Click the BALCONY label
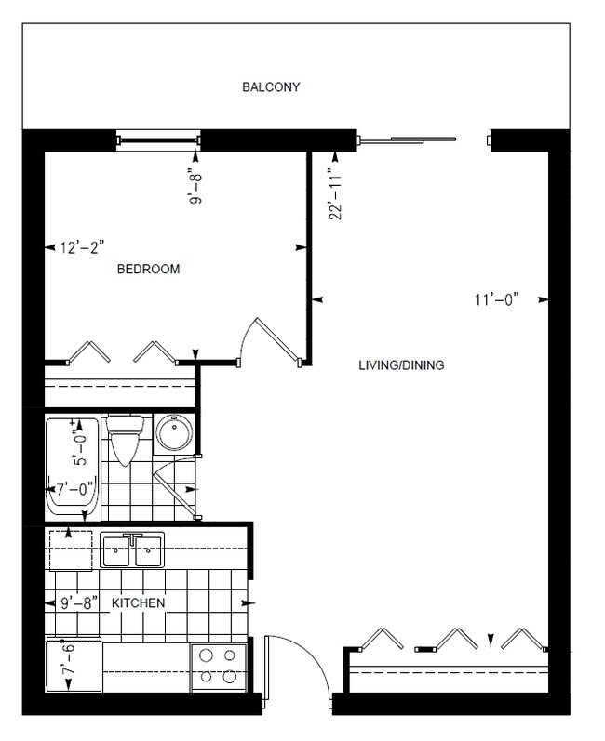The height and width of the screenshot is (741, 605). [271, 87]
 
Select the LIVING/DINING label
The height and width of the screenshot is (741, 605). [401, 365]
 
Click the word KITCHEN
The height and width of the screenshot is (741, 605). [139, 603]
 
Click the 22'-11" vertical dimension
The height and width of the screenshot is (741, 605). [337, 192]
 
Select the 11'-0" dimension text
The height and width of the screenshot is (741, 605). [494, 299]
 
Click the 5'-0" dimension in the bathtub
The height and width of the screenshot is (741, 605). [82, 445]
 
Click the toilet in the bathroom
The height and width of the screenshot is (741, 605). [124, 438]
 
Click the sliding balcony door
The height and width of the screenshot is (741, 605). [410, 140]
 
